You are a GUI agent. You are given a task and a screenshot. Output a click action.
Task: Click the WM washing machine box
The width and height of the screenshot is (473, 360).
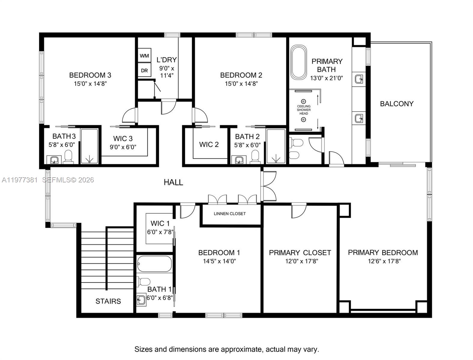[144, 56]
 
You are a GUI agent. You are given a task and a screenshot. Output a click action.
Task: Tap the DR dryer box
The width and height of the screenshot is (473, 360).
[144, 70]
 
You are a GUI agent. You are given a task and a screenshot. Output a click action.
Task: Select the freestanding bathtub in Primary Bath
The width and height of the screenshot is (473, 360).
[298, 62]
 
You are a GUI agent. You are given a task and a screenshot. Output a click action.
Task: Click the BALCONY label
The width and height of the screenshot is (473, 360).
[396, 104]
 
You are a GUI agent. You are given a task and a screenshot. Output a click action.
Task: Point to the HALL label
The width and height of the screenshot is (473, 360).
[173, 182]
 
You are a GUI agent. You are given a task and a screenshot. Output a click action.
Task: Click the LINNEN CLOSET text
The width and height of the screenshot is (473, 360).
[230, 214]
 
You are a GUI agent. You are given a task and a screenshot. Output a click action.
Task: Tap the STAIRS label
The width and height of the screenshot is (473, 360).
[108, 301]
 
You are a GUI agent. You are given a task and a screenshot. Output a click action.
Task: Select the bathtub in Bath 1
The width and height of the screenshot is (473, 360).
[155, 264]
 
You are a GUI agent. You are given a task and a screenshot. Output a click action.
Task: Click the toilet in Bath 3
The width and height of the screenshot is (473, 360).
[68, 157]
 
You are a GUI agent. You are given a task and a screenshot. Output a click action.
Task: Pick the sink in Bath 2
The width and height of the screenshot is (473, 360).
[239, 160]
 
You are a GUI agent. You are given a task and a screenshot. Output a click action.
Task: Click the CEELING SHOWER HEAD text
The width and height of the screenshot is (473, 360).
[304, 110]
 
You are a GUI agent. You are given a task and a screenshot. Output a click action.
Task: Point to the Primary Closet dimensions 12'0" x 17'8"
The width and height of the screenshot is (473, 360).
[301, 261]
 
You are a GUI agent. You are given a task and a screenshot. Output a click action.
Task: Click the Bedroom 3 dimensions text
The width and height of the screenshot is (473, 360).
[90, 84]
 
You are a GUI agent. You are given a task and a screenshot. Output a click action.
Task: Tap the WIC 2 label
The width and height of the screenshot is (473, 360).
[209, 145]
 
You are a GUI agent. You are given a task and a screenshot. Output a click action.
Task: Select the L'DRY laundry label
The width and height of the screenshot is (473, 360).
[167, 60]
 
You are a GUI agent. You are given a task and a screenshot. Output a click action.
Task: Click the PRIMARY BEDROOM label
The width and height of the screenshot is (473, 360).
[383, 253]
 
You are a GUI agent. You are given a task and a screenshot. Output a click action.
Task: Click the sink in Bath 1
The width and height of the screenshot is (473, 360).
[141, 300]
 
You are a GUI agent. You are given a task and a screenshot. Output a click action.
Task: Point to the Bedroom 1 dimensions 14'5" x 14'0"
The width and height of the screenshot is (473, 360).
[219, 261]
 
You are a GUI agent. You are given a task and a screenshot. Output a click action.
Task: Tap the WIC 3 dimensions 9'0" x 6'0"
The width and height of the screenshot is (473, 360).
[123, 147]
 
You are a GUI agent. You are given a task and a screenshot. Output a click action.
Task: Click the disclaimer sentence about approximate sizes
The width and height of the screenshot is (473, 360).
[227, 349]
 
